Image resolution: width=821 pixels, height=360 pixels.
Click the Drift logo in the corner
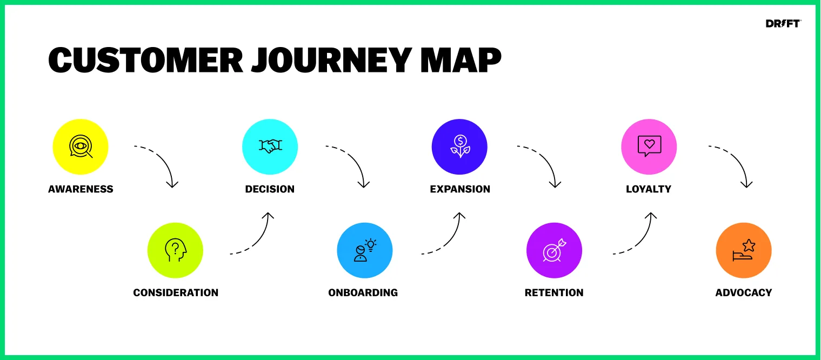[783, 24]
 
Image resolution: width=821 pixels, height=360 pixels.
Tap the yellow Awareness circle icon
[81, 147]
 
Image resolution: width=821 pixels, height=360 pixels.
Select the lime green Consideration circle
[175, 250]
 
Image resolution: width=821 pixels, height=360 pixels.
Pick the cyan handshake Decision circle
[270, 147]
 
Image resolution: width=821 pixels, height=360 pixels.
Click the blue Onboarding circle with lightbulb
[364, 250]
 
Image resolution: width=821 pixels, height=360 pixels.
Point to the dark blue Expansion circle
[459, 147]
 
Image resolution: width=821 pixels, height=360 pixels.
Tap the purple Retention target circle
[554, 250]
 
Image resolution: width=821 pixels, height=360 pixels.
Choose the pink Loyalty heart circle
[649, 147]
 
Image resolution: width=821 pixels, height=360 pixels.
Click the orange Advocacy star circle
[743, 250]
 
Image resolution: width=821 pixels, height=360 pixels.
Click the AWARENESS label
[81, 189]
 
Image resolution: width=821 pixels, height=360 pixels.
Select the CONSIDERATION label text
[176, 292]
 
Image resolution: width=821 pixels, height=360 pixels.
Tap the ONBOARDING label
[363, 292]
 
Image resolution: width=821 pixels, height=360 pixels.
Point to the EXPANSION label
[460, 189]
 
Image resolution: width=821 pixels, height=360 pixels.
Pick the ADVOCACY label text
[743, 292]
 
